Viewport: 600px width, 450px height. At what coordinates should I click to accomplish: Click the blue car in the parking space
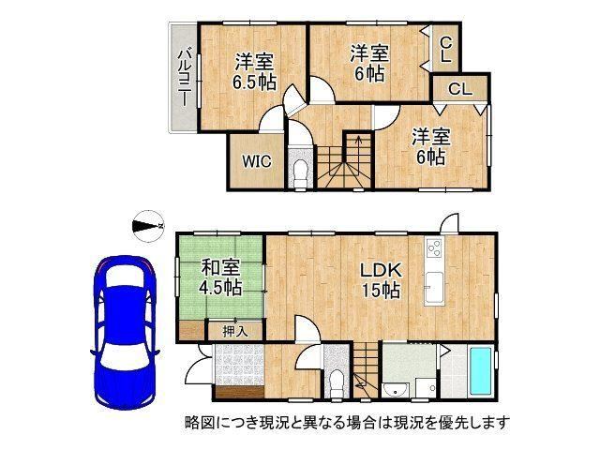pos(125,332)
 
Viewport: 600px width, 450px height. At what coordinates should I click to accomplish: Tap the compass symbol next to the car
pos(148,225)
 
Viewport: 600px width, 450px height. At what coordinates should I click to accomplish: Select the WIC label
pos(256,161)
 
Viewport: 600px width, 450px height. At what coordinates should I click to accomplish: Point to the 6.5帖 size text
pos(255,82)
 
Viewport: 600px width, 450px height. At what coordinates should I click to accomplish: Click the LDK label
pos(382,271)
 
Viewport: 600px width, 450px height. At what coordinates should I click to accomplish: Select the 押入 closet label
pos(235,331)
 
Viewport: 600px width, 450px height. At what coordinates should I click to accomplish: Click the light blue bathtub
pos(482,371)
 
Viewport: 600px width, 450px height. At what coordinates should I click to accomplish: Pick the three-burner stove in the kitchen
pos(434,247)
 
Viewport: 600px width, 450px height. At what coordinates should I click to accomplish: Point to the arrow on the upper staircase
pos(358,143)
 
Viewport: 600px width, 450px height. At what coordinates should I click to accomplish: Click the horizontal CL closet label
pos(460,90)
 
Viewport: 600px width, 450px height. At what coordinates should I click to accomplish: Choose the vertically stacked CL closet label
pos(445,49)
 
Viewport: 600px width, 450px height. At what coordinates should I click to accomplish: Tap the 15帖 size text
pos(382,291)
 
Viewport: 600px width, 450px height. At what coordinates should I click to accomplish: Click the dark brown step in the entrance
pos(240,392)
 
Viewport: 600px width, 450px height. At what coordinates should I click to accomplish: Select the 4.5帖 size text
pos(220,287)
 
